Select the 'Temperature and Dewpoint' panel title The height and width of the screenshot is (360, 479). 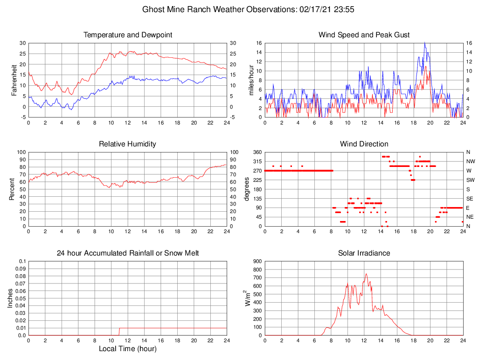pyautogui.click(x=127, y=35)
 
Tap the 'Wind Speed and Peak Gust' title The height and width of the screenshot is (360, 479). pyautogui.click(x=364, y=35)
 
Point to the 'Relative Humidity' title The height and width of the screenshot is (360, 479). pyautogui.click(x=127, y=144)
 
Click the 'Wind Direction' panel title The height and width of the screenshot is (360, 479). pyautogui.click(x=364, y=144)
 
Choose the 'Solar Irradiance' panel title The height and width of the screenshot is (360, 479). pyautogui.click(x=364, y=253)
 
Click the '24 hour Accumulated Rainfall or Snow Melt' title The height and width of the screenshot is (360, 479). pyautogui.click(x=127, y=253)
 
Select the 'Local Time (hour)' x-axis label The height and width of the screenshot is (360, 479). pyautogui.click(x=127, y=349)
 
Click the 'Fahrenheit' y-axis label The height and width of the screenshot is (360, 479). pyautogui.click(x=14, y=80)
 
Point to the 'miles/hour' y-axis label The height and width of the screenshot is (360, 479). pyautogui.click(x=251, y=80)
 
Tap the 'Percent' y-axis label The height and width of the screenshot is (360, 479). pyautogui.click(x=14, y=189)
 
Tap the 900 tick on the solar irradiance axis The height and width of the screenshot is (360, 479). pyautogui.click(x=257, y=261)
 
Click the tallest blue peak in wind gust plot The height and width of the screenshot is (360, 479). pyautogui.click(x=424, y=43)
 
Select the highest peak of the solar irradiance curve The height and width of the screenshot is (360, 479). pyautogui.click(x=366, y=274)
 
